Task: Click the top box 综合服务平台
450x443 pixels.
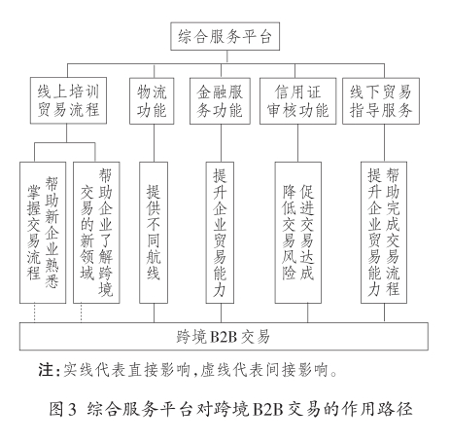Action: click(x=225, y=36)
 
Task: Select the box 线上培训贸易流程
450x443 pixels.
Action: click(x=68, y=100)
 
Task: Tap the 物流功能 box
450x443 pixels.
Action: click(x=152, y=101)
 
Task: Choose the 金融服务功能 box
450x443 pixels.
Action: click(x=220, y=101)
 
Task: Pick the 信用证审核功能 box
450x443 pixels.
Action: click(x=297, y=101)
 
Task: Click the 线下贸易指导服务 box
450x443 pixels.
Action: click(x=381, y=101)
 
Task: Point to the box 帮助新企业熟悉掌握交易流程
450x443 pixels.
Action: click(x=43, y=233)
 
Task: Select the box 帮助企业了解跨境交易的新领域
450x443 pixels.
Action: click(x=96, y=233)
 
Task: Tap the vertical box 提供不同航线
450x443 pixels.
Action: click(x=154, y=233)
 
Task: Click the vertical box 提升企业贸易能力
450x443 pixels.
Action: click(x=220, y=233)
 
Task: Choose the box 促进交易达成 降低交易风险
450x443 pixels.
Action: click(x=298, y=233)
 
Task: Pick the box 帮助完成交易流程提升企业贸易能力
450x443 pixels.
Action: click(x=384, y=233)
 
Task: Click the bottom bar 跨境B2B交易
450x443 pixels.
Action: click(x=224, y=337)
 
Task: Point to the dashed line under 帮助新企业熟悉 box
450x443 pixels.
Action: click(x=34, y=314)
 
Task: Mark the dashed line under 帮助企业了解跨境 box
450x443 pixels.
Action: click(x=81, y=314)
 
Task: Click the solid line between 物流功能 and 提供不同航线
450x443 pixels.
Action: click(x=154, y=143)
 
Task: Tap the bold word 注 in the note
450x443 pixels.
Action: click(x=46, y=370)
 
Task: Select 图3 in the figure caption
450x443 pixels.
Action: click(x=63, y=409)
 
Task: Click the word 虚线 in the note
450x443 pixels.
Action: click(x=208, y=370)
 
